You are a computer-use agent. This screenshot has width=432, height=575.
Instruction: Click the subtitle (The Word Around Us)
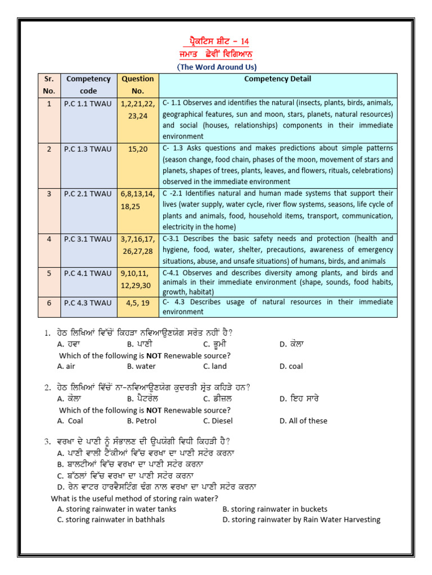tap(217, 67)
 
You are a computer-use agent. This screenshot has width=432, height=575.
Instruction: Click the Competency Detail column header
tap(277, 79)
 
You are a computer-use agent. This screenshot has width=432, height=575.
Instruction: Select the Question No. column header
tap(137, 85)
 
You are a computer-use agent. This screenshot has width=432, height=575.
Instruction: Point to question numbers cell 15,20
tap(137, 148)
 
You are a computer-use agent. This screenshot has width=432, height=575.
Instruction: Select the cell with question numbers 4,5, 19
tap(137, 303)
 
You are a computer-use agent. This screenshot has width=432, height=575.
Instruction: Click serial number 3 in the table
tap(49, 193)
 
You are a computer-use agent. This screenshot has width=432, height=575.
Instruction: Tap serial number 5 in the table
tap(49, 273)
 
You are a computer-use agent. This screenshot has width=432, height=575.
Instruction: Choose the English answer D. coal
tap(291, 366)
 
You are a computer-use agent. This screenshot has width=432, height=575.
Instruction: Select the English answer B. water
tap(141, 366)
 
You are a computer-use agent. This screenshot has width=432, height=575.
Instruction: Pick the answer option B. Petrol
tap(142, 421)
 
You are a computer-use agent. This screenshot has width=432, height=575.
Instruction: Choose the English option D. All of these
tap(303, 421)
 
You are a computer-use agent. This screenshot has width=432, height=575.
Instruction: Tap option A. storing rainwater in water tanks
tap(116, 509)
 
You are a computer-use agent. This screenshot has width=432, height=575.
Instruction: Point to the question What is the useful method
tap(134, 498)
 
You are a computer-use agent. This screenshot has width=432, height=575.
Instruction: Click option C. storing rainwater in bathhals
tap(111, 519)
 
